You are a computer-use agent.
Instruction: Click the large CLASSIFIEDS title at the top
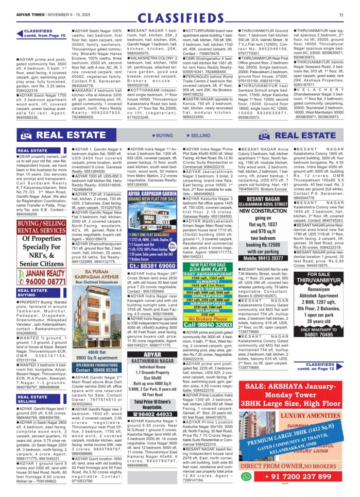click(180, 18)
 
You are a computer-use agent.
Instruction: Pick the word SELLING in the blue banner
click(199, 135)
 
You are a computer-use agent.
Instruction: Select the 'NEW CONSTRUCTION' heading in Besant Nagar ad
click(265, 211)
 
